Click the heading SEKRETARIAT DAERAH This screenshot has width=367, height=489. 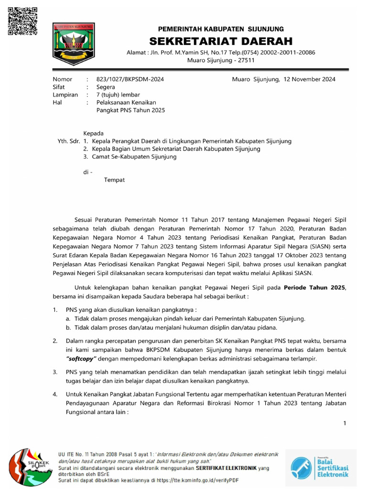pyautogui.click(x=221, y=41)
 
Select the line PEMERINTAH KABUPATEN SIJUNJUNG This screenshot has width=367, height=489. pyautogui.click(x=221, y=29)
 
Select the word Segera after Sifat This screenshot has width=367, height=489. pyautogui.click(x=106, y=87)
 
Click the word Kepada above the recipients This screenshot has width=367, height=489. pyautogui.click(x=94, y=133)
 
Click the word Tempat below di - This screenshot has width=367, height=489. pyautogui.click(x=114, y=180)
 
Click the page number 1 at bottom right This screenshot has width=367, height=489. pyautogui.click(x=345, y=423)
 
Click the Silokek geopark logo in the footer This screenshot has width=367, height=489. pyautogui.click(x=30, y=467)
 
